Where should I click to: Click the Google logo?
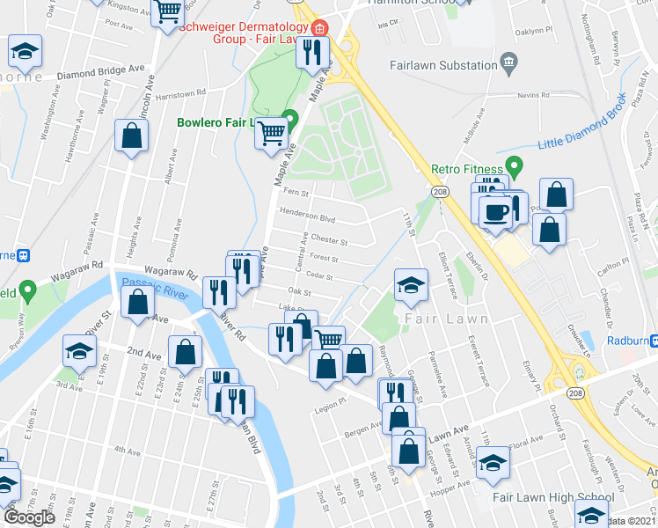29,517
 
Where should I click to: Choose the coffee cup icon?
495,212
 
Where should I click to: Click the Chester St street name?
330,239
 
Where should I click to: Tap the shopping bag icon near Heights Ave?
131,136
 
